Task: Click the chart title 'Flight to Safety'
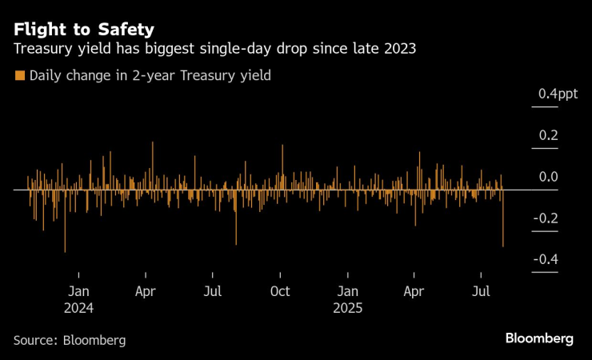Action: pyautogui.click(x=84, y=30)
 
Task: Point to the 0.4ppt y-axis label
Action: pyautogui.click(x=558, y=94)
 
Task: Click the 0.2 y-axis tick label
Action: pyautogui.click(x=547, y=136)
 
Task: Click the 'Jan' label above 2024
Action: pyautogui.click(x=78, y=292)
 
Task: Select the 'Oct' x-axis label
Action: pyautogui.click(x=280, y=292)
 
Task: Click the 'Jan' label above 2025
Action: pyautogui.click(x=347, y=292)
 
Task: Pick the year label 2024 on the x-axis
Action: pyautogui.click(x=79, y=308)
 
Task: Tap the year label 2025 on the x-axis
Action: pyautogui.click(x=347, y=308)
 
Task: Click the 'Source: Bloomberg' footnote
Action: pyautogui.click(x=70, y=340)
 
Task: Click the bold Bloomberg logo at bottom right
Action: pyautogui.click(x=539, y=338)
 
